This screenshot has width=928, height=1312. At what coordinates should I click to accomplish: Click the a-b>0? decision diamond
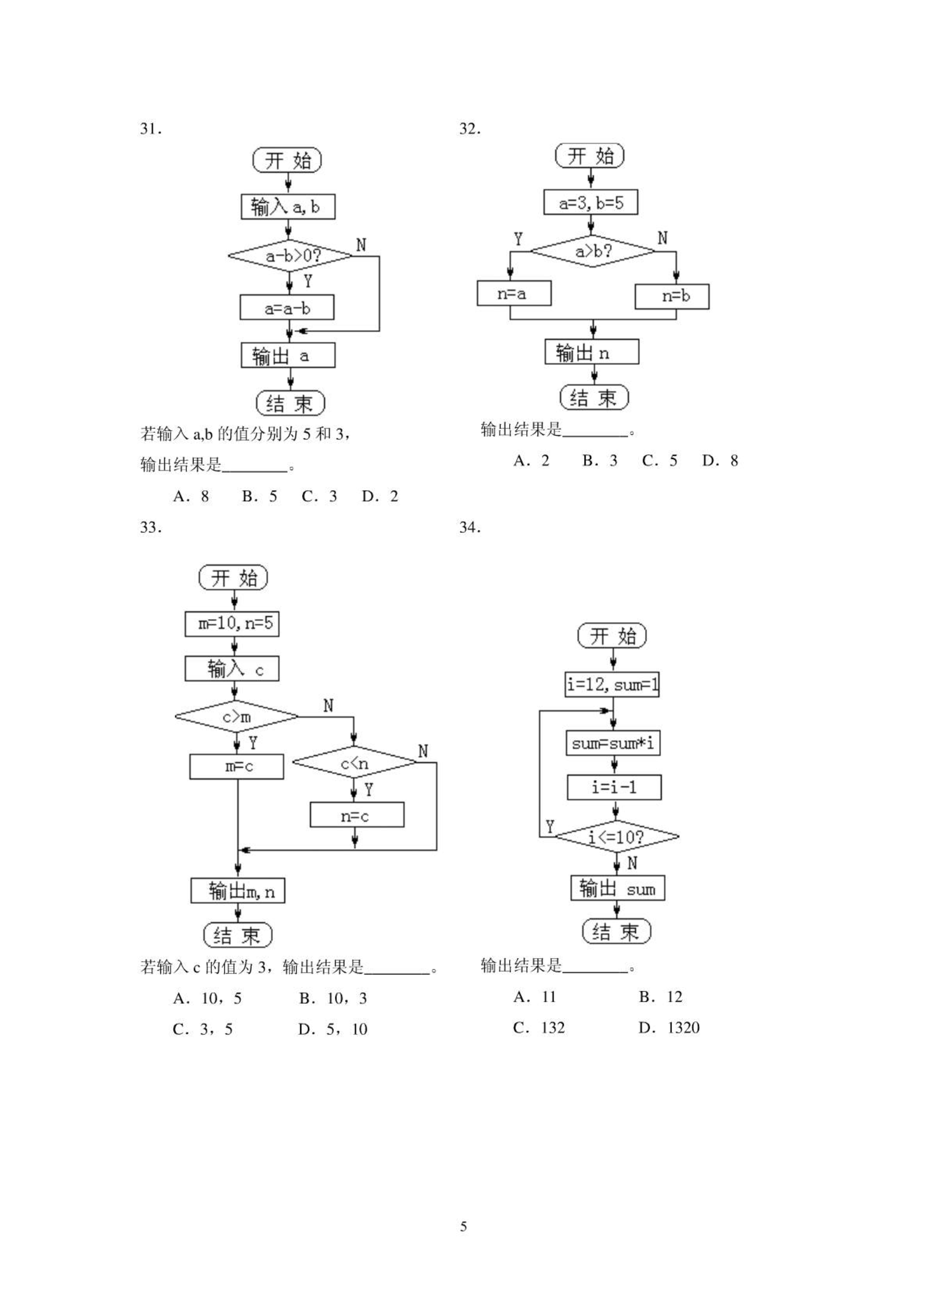(290, 256)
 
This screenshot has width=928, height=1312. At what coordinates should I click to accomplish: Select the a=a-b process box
(287, 307)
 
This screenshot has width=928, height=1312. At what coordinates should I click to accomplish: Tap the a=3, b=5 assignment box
(591, 202)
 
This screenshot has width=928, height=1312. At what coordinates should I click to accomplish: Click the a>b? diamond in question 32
(593, 251)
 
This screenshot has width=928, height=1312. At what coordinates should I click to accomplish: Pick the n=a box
(514, 293)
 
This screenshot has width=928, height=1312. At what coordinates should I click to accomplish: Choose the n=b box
(672, 296)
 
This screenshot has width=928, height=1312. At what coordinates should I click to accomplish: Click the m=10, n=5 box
(232, 623)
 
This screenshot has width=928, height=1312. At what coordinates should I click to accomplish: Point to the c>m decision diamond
(237, 716)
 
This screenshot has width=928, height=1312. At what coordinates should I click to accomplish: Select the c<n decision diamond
(354, 763)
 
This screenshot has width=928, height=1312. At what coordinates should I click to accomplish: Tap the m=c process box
(237, 767)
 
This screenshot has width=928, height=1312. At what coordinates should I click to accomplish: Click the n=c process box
(357, 815)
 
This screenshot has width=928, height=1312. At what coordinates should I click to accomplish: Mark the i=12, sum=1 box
(612, 684)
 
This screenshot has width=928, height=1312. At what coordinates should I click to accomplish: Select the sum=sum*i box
(613, 743)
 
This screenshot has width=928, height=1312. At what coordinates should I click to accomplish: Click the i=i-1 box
(614, 787)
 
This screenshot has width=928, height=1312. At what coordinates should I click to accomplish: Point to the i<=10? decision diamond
(617, 836)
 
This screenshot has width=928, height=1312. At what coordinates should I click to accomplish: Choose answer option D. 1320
(669, 1027)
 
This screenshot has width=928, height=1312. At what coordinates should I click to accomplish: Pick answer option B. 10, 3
(333, 998)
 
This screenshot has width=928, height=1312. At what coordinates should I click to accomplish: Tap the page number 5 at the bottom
(464, 1226)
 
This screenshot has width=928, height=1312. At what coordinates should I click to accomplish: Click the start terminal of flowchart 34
(612, 635)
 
